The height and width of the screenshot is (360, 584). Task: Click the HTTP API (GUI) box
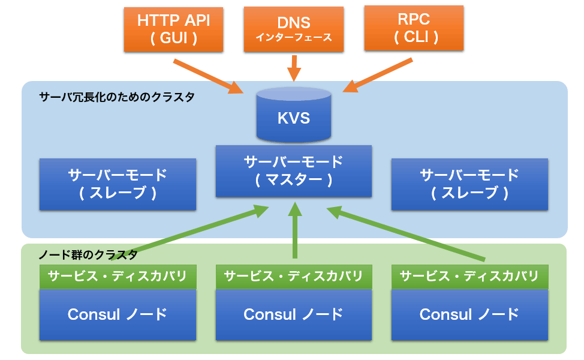click(x=173, y=29)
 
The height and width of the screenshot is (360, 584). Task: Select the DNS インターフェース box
click(x=293, y=29)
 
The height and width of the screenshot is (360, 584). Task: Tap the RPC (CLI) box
click(x=414, y=28)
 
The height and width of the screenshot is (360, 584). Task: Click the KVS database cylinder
click(x=294, y=115)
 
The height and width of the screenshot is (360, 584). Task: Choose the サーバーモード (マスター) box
click(x=294, y=171)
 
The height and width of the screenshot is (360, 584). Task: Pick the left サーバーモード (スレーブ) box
click(x=118, y=184)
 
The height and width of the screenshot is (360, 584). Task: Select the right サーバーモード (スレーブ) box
click(x=469, y=184)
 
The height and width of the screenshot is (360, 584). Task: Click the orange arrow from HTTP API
click(x=208, y=76)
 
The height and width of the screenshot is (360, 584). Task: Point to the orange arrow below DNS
click(x=294, y=68)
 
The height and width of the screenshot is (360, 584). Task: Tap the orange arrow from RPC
click(x=378, y=75)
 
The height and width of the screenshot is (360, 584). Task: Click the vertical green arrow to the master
click(x=295, y=230)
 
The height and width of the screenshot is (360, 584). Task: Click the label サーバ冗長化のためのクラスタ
click(x=117, y=97)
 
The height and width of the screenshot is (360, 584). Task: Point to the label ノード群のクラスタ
click(x=88, y=255)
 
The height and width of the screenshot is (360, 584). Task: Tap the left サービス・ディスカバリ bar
click(x=118, y=277)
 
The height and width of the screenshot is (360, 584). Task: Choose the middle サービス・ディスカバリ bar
click(x=294, y=277)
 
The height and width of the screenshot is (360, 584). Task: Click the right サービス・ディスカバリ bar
click(x=469, y=277)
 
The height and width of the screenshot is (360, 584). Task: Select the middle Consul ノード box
click(x=294, y=314)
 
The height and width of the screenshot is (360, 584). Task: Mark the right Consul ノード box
click(x=469, y=314)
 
